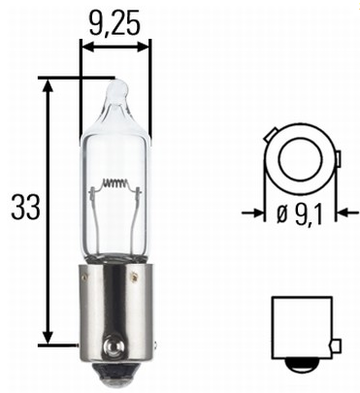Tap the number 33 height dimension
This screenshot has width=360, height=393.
(x=21, y=207)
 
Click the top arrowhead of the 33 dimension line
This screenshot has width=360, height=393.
(x=48, y=86)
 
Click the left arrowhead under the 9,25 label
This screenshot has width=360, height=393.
(x=86, y=46)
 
